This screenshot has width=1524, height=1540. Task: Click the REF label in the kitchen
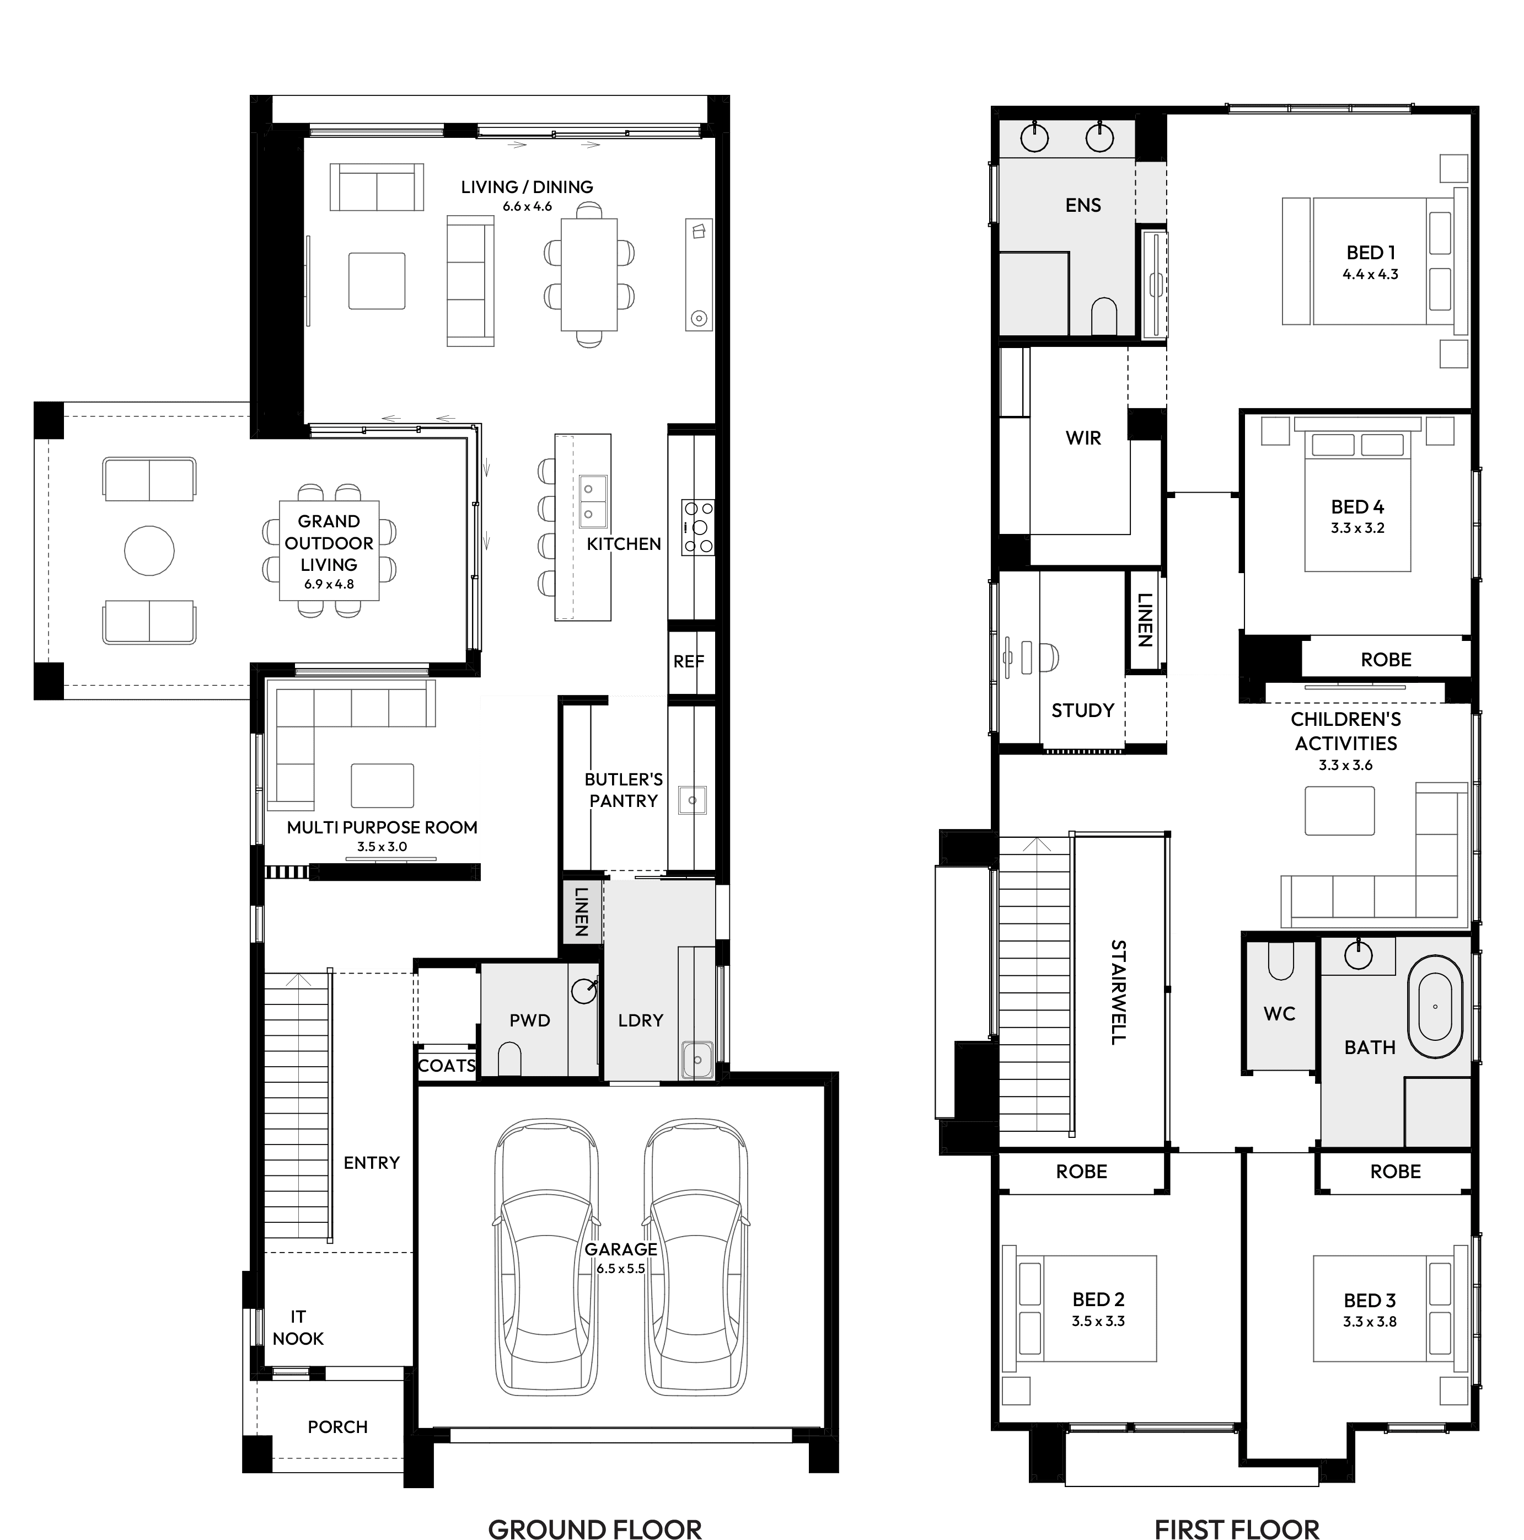pos(688,661)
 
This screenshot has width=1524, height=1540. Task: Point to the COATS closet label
pos(447,1066)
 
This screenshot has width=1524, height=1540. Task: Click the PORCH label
pos(338,1427)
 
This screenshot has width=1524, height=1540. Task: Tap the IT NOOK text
pos(298,1328)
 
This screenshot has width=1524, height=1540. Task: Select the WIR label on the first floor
pos(1083,437)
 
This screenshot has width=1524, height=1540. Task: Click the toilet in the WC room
pos(1280,962)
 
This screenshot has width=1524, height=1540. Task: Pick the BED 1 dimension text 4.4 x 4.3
pos(1370,274)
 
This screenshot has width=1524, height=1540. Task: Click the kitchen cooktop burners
pos(698,527)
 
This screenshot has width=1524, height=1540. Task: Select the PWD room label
pos(530,1020)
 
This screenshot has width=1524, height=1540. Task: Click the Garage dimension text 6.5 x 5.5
pos(621,1269)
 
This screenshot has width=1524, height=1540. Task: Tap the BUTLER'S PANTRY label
pos(623,790)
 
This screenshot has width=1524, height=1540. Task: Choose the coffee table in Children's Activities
pos(1339,811)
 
